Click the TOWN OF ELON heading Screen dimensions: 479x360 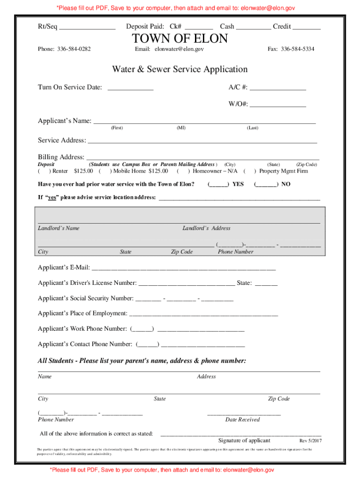click(x=180, y=38)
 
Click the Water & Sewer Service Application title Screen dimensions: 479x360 click(x=180, y=70)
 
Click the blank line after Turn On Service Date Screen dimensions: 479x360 click(x=130, y=87)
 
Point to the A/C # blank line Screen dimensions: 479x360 click(x=278, y=87)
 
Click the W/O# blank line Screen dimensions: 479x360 click(x=278, y=105)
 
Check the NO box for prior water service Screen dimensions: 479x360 click(x=265, y=184)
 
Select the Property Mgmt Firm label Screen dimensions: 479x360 click(x=284, y=171)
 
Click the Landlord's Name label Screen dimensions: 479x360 click(x=58, y=228)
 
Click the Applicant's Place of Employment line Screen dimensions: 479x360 click(x=203, y=314)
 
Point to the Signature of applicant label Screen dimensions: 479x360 click(x=244, y=441)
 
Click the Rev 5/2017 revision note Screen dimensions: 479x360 click(x=310, y=441)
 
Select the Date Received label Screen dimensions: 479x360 click(x=242, y=420)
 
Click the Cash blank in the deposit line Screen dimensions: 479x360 click(x=253, y=27)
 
